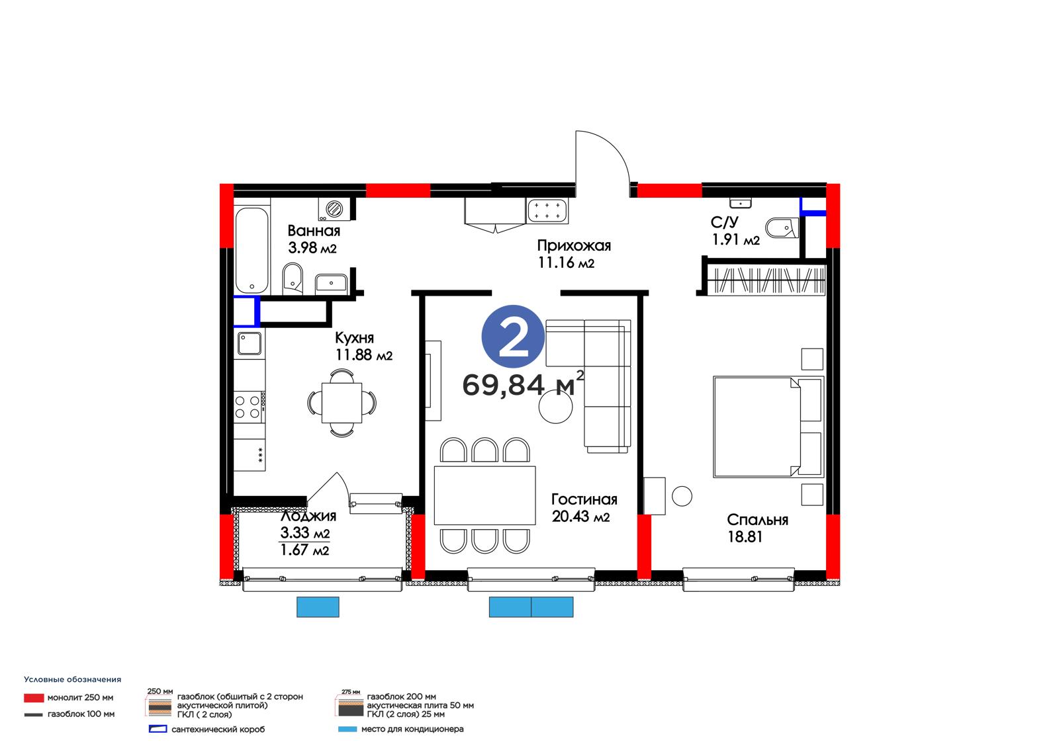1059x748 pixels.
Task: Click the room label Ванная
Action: (x=314, y=231)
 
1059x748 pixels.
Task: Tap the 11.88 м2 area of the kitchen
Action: (x=363, y=354)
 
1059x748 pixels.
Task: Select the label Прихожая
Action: (x=573, y=246)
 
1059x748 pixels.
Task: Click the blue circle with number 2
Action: (x=513, y=337)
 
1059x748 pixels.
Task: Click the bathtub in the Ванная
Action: (x=252, y=250)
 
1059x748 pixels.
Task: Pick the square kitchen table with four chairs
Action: (x=342, y=403)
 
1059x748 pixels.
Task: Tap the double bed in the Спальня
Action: (x=768, y=427)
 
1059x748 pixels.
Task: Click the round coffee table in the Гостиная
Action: (x=555, y=405)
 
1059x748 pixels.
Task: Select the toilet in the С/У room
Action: (x=782, y=228)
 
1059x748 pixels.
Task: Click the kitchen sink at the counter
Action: (x=249, y=343)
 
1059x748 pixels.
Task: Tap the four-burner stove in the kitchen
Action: (x=249, y=407)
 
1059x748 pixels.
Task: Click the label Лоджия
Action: (x=308, y=515)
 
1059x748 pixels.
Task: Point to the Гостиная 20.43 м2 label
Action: (x=584, y=507)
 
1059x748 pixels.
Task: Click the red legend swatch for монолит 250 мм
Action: (x=34, y=698)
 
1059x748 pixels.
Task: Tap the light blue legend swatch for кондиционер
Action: (x=347, y=729)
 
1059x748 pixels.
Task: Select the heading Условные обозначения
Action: (x=72, y=679)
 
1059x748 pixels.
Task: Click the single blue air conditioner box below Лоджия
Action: (x=318, y=606)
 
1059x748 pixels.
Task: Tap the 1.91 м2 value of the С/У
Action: (x=735, y=239)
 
